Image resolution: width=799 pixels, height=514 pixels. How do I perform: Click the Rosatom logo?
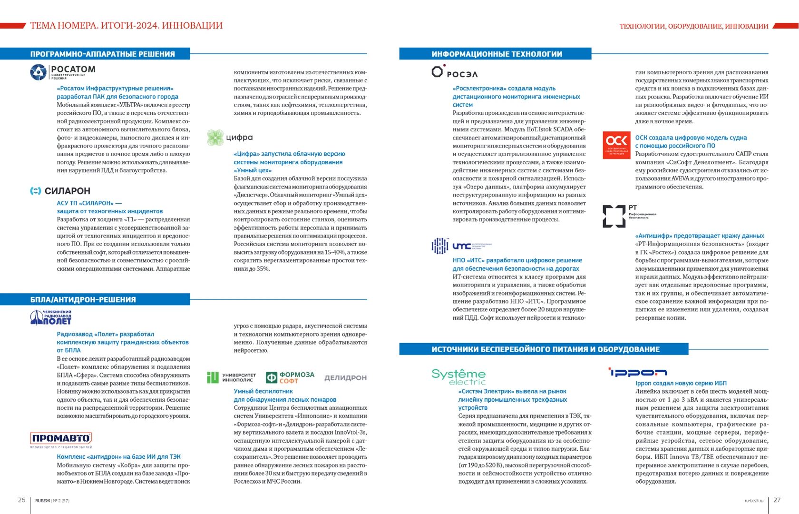pos(63,72)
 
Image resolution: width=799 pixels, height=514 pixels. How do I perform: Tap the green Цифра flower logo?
pos(215,138)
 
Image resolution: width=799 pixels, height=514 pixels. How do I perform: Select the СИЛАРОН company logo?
pos(60,191)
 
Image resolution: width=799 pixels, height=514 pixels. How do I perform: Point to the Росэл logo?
pos(454,72)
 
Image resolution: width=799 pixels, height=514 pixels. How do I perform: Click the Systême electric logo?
pos(458,376)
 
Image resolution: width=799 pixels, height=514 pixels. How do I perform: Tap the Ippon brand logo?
pos(638,372)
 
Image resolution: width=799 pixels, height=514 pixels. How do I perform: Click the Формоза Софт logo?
pos(290,377)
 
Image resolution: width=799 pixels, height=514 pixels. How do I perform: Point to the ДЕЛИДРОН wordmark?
pos(345,378)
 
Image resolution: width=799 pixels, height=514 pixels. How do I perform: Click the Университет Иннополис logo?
pos(232,377)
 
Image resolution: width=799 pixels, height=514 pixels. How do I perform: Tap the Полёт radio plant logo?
pos(51,317)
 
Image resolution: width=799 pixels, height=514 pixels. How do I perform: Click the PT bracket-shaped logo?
pos(614,216)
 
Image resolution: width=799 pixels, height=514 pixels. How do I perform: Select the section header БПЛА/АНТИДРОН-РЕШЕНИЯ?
pos(83,299)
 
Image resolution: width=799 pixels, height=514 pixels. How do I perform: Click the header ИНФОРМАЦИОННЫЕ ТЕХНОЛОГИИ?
pos(497,54)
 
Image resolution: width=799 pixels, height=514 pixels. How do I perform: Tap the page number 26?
pos(21,500)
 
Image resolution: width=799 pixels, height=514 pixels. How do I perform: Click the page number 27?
pos(777,500)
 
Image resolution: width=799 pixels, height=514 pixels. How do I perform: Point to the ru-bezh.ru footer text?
pos(754,501)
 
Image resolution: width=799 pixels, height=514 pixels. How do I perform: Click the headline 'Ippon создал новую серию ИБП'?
pos(681,383)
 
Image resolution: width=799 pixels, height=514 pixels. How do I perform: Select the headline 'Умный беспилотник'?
pos(263,391)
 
